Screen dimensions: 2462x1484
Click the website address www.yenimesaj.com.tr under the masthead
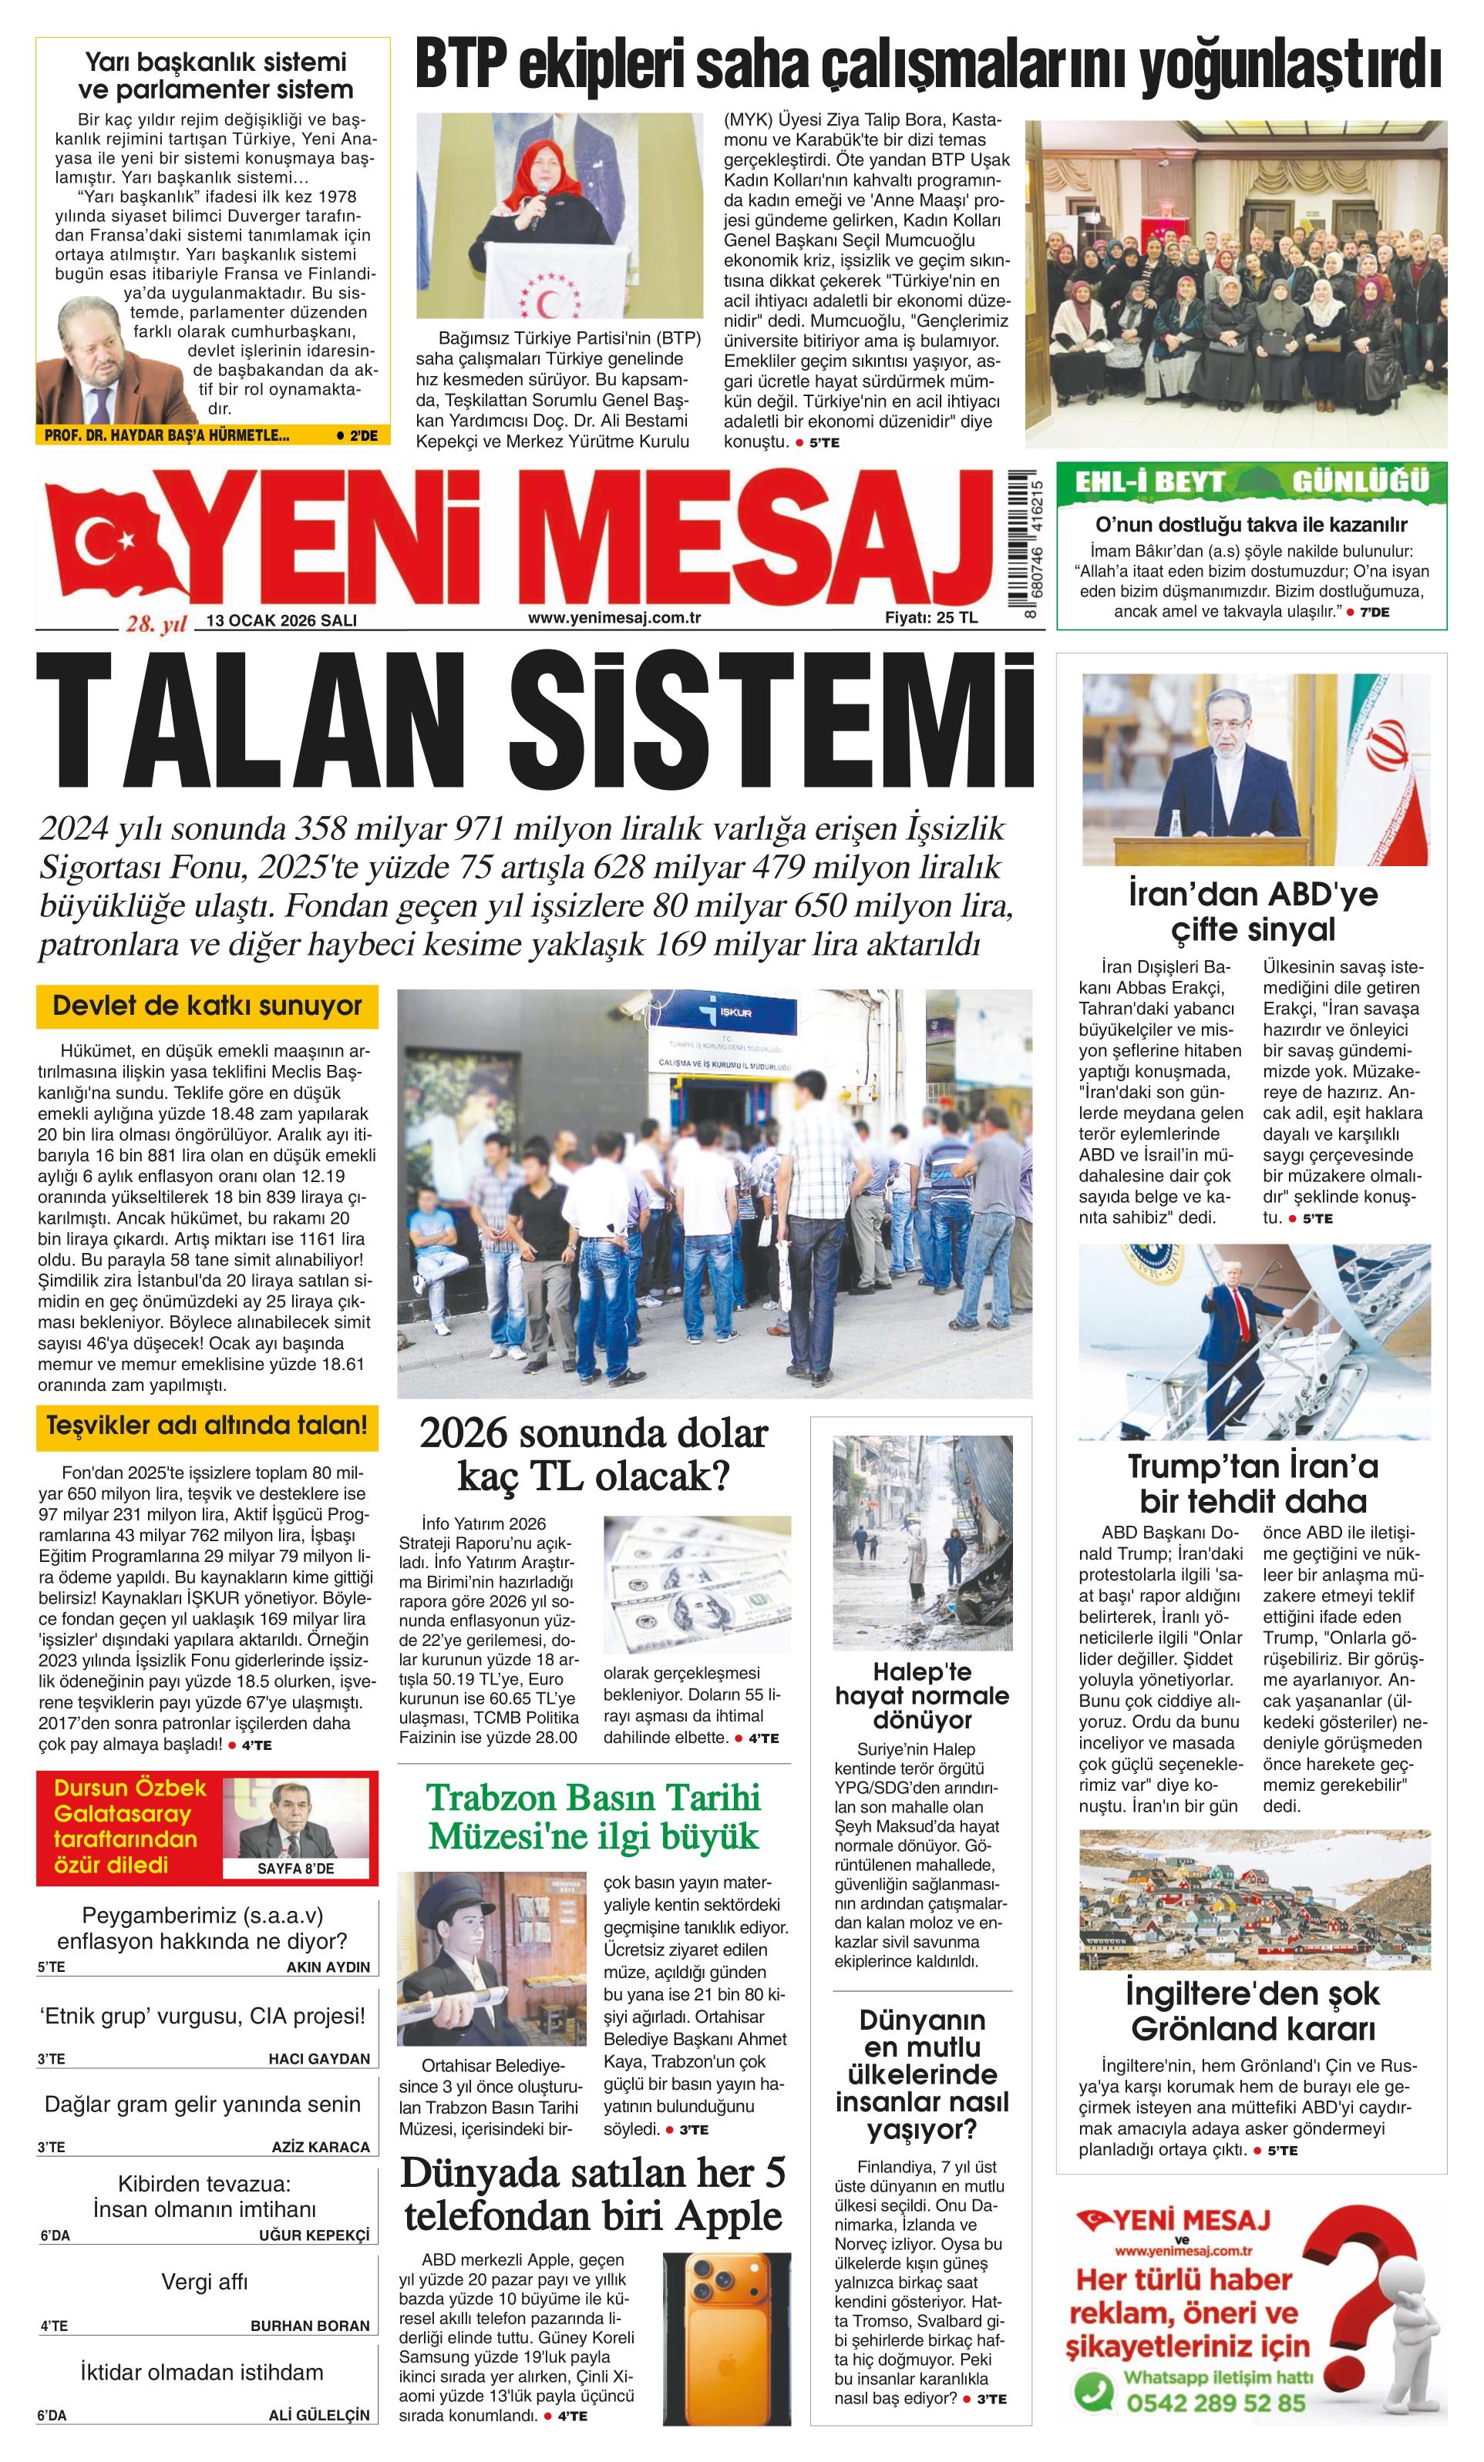[x=614, y=617]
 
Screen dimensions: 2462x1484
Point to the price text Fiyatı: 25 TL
[x=930, y=617]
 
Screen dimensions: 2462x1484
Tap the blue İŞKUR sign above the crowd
[x=736, y=1014]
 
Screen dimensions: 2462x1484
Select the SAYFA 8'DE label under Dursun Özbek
[x=296, y=1869]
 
